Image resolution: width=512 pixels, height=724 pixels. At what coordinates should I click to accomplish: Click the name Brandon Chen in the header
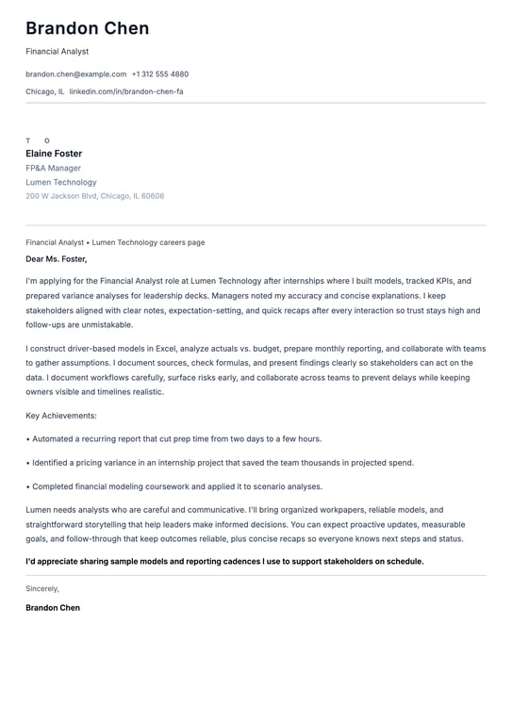pos(87,28)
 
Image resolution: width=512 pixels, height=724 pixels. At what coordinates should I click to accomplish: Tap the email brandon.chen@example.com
pos(75,74)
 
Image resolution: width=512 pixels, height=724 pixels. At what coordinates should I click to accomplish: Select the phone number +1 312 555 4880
pos(160,74)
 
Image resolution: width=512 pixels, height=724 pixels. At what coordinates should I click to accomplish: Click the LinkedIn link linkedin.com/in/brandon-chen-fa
pos(126,91)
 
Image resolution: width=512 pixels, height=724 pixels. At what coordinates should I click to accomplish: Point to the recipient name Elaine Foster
pos(54,154)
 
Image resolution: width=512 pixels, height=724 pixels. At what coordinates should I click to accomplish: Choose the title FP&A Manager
pos(53,168)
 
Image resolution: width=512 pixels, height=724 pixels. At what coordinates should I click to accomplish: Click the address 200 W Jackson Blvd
pos(94,196)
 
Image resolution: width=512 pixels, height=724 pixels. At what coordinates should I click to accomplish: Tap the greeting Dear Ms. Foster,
pos(57,258)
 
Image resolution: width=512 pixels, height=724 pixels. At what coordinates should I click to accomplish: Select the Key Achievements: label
pos(61,415)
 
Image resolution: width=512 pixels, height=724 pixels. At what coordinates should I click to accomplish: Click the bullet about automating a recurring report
pos(176,438)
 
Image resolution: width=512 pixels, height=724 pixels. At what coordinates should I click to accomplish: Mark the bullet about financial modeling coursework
pos(176,486)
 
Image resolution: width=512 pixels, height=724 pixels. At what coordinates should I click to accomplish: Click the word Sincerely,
pos(42,588)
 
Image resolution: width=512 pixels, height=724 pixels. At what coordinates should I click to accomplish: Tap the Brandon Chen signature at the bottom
pos(53,608)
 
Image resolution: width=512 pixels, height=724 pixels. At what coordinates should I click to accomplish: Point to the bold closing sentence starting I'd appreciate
pos(224,561)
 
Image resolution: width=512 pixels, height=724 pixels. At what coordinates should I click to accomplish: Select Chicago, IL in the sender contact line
pos(45,91)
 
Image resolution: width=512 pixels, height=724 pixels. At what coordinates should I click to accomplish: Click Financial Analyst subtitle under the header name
pos(57,51)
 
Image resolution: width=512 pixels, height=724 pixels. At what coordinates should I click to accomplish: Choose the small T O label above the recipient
pos(38,140)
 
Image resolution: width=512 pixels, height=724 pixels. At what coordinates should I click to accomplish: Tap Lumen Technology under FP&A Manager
pos(61,182)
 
